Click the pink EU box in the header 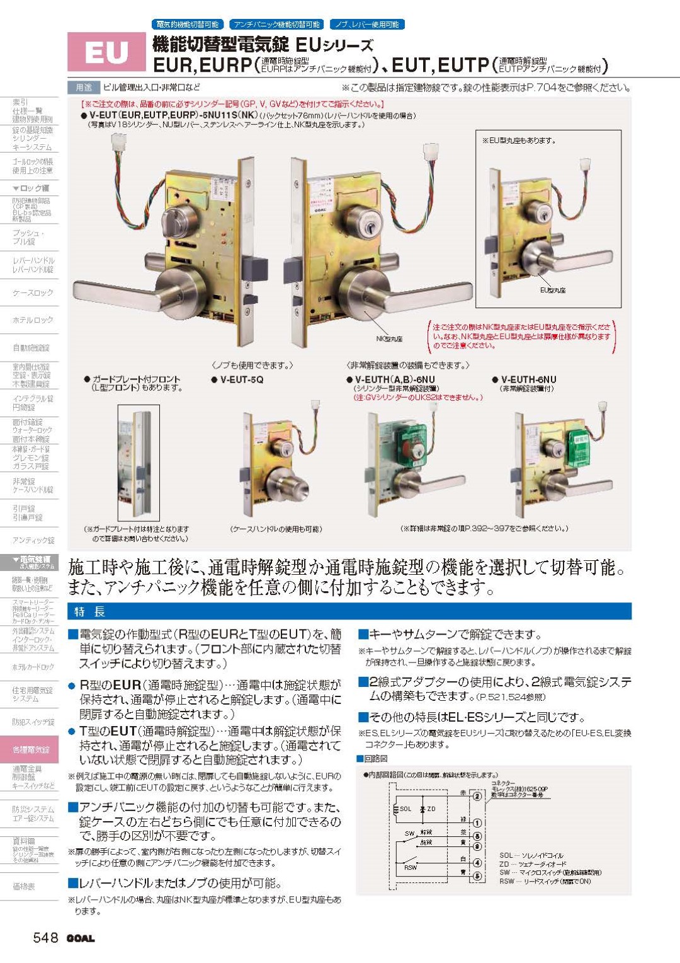click(106, 52)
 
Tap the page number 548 click(45, 937)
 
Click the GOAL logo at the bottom click(81, 938)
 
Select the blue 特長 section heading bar click(349, 611)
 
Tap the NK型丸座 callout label click(389, 338)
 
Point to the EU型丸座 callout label click(553, 290)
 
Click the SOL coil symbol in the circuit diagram click(403, 809)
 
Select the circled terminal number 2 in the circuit click(477, 796)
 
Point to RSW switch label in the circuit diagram click(411, 867)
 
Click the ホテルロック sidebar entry click(33, 320)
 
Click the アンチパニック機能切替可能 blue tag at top click(276, 25)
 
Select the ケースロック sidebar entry click(33, 292)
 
